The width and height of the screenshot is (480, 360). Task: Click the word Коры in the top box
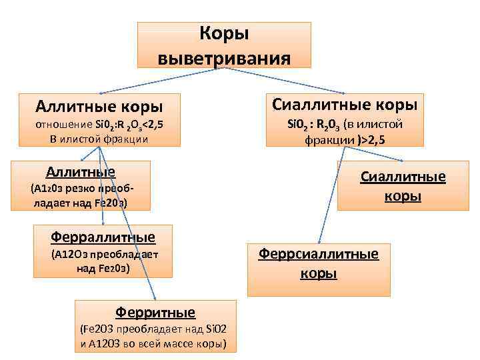tap(224, 33)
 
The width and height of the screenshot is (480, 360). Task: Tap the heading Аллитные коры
tap(100, 106)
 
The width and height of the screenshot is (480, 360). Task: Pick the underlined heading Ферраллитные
tap(103, 236)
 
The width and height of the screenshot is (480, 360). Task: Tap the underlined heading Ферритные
tap(156, 311)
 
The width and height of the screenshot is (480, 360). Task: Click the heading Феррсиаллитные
tap(319, 254)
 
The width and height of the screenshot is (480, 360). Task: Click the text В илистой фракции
tap(99, 139)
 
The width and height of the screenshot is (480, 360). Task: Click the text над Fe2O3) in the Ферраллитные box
tap(103, 268)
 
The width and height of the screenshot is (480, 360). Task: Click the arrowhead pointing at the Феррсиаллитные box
tap(317, 243)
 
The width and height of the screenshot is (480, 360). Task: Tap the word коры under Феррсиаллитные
tap(319, 273)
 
